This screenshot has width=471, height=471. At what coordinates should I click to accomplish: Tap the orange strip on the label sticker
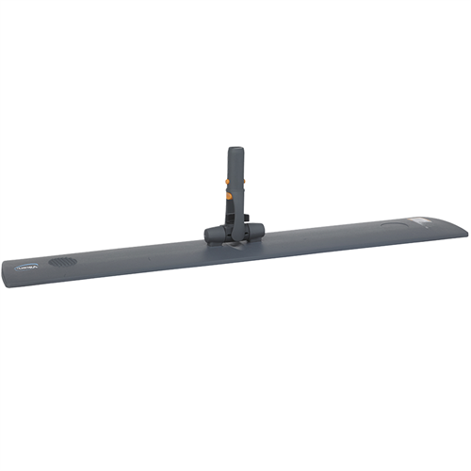click(426, 221)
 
